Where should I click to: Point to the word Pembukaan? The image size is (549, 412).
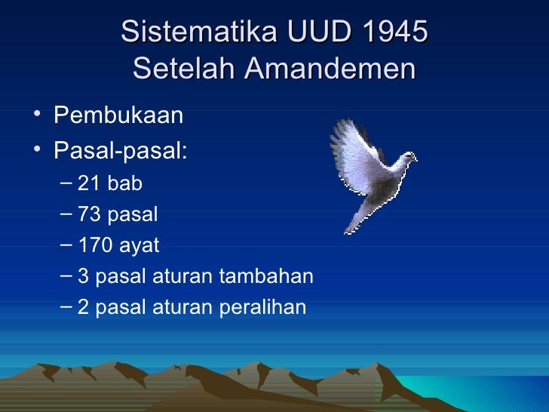[x=118, y=117]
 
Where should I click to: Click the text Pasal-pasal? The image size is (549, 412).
[x=120, y=150]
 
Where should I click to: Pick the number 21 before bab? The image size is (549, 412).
[x=89, y=183]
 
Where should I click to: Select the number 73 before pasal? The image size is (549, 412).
[x=89, y=214]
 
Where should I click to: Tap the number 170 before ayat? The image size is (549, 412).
[x=94, y=246]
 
